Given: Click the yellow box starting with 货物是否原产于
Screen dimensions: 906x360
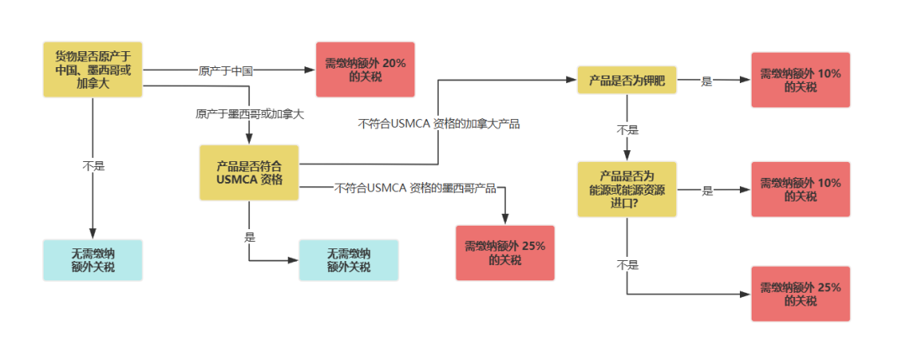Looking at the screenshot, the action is (x=92, y=70).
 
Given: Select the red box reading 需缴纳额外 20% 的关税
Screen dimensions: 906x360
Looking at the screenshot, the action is (x=365, y=70).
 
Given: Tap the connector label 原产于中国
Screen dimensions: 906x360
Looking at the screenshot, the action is (x=226, y=70).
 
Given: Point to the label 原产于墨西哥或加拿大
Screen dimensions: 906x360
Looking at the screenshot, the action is (x=250, y=114).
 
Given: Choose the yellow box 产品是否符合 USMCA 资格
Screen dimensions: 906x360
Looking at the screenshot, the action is (x=249, y=173).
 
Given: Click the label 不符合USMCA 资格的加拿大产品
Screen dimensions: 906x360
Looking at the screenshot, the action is (x=439, y=123).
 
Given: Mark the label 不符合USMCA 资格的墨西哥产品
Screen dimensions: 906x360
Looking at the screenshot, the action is (x=415, y=188).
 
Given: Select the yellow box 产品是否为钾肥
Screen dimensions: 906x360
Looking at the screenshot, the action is (x=627, y=81).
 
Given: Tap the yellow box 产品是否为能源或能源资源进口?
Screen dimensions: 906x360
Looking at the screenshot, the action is (x=627, y=190).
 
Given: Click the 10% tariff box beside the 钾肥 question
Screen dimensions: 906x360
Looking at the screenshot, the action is (x=801, y=81).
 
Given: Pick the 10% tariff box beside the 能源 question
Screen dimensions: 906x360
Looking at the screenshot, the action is (x=801, y=190).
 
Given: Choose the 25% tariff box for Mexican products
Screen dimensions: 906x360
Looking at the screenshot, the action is (x=505, y=253).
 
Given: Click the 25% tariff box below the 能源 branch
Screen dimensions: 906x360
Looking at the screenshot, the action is (x=801, y=294).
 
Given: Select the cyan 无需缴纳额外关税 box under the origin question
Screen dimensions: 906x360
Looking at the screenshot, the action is (x=92, y=260).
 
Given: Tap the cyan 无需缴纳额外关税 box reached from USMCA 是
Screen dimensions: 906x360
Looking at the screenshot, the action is (x=348, y=260).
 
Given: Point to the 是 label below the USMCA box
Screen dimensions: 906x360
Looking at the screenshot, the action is (x=250, y=237).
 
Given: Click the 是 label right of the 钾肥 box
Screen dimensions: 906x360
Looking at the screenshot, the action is (x=706, y=81).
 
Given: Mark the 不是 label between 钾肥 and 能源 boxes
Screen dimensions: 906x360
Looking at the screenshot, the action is (x=627, y=130).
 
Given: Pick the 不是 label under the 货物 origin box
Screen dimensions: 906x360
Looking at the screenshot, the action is (x=93, y=166).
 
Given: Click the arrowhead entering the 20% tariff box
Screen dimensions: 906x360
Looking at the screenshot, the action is (x=312, y=70).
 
